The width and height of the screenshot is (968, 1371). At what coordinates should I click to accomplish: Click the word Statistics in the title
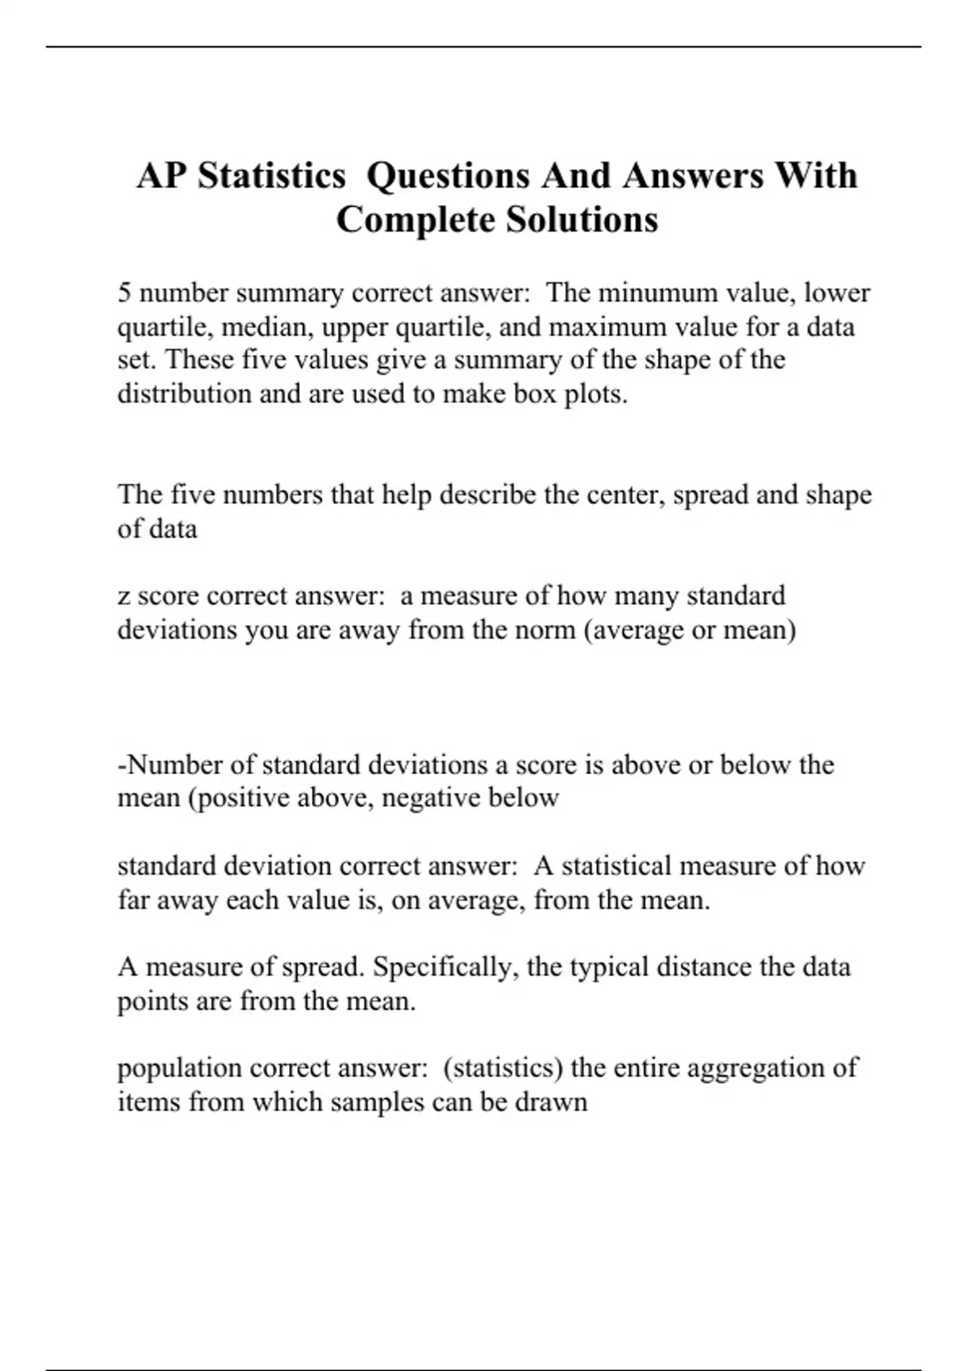(x=273, y=176)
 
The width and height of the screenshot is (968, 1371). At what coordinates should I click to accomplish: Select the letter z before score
(x=123, y=597)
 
